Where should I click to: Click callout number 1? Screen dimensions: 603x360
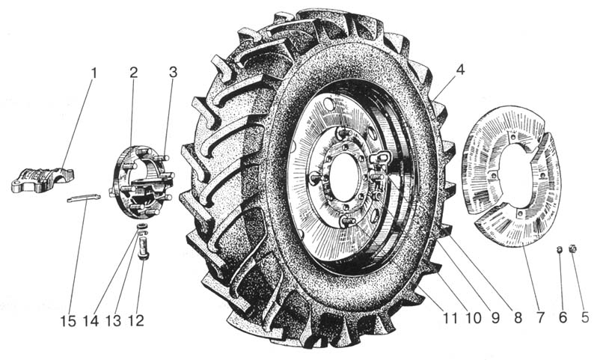pos(94,73)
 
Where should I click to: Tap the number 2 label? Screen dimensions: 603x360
pos(133,73)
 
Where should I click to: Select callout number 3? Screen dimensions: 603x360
pos(173,72)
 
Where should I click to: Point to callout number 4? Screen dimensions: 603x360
pos(461,70)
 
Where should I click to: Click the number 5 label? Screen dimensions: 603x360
pos(585,317)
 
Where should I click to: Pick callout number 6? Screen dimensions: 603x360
pos(563,317)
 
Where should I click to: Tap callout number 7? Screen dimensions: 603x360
pos(541,317)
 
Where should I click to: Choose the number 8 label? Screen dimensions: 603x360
pos(518,317)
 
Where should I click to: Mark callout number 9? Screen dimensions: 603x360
pos(495,318)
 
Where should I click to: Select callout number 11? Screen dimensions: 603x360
pos(450,318)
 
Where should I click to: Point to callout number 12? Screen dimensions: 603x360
pos(135,320)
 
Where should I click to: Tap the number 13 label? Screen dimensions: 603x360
pos(114,320)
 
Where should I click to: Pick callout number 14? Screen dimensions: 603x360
pos(91,321)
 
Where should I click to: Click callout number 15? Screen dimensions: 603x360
pos(68,321)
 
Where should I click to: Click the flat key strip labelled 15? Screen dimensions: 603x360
pos(84,198)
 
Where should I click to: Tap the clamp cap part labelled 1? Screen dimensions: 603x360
pos(43,180)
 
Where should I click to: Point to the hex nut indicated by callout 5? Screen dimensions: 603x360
pos(572,248)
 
